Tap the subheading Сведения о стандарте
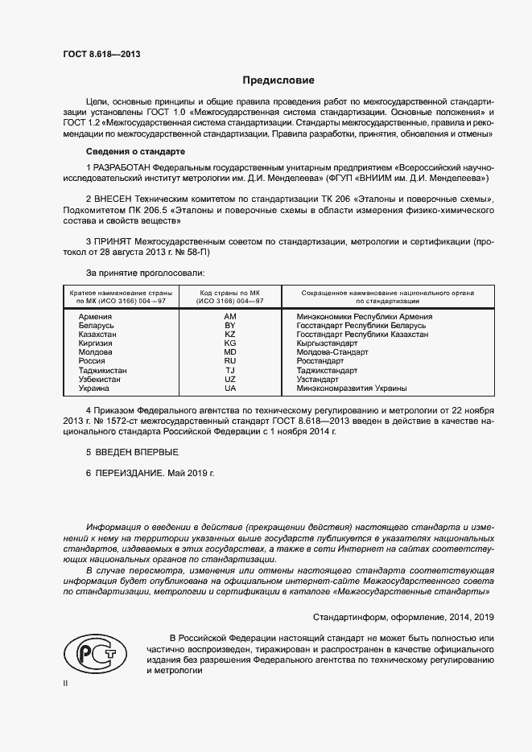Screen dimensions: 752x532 point(136,151)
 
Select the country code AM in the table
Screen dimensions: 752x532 point(230,317)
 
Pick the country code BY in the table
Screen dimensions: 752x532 point(230,326)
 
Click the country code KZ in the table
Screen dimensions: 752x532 point(230,335)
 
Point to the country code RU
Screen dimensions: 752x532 point(230,362)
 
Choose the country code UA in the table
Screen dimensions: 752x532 point(230,388)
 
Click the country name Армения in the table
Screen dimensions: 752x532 point(95,317)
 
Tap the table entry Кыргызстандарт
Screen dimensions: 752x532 point(328,343)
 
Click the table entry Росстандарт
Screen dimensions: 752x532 point(320,362)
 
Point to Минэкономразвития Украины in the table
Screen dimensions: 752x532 point(352,388)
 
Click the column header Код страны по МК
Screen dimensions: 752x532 point(230,293)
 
